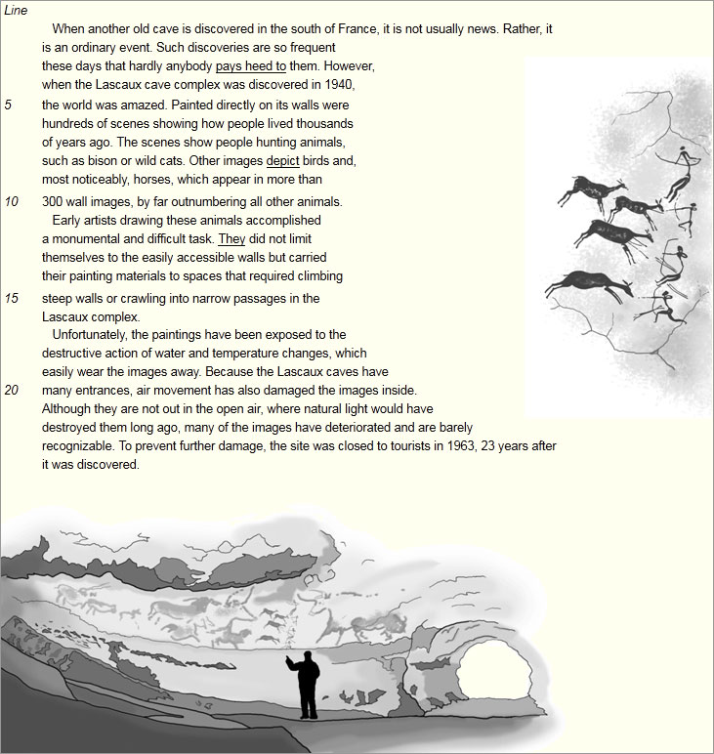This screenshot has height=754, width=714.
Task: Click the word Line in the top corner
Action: (x=16, y=11)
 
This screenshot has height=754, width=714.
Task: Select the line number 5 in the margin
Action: (x=9, y=105)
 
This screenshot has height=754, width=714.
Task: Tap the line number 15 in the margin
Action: (x=12, y=298)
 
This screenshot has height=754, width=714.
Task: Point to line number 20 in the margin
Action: (x=12, y=390)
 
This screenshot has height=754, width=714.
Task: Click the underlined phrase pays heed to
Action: (x=250, y=66)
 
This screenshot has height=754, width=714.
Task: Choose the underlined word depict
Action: (x=282, y=160)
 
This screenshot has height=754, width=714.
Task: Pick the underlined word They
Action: (x=231, y=238)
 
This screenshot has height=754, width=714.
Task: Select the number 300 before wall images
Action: (x=53, y=202)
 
